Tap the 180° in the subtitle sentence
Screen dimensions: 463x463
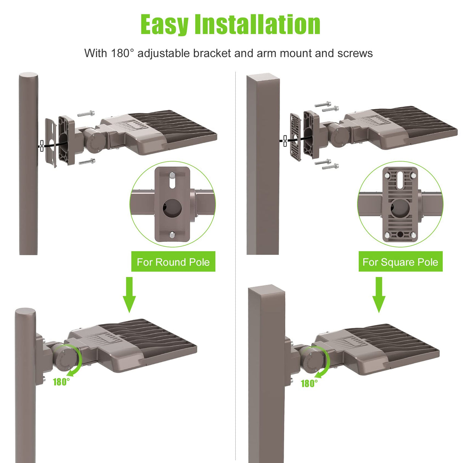[x=123, y=53]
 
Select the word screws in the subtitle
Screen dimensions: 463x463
[x=355, y=53]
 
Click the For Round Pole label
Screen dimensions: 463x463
[x=173, y=262]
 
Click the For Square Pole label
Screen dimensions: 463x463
[x=400, y=262]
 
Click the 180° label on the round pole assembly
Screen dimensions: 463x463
[x=61, y=382]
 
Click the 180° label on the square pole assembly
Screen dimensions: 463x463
[x=309, y=383]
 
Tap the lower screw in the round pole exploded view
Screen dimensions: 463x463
[x=87, y=162]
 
